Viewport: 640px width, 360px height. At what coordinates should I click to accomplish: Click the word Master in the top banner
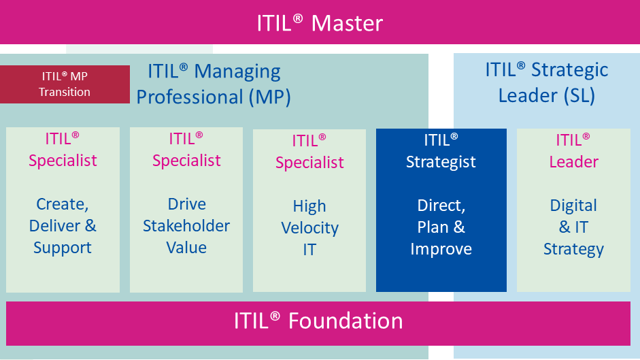pyautogui.click(x=347, y=23)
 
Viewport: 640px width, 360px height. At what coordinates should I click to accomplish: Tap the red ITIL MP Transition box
pyautogui.click(x=65, y=84)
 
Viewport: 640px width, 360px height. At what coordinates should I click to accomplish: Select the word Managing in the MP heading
pyautogui.click(x=237, y=73)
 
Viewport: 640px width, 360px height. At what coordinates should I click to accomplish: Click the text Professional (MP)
pyautogui.click(x=214, y=97)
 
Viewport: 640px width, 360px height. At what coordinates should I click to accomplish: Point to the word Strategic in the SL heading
pyautogui.click(x=569, y=71)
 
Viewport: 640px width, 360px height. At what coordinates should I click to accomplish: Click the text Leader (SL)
pyautogui.click(x=547, y=96)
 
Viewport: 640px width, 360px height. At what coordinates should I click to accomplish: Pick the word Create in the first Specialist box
pyautogui.click(x=62, y=204)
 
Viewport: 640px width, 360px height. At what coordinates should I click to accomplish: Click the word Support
pyautogui.click(x=63, y=248)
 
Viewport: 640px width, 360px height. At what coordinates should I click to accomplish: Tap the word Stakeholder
pyautogui.click(x=186, y=225)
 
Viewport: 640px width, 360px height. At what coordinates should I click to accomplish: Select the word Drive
pyautogui.click(x=186, y=204)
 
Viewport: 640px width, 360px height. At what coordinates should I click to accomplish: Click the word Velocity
pyautogui.click(x=309, y=228)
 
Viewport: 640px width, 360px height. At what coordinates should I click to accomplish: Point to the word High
pyautogui.click(x=309, y=206)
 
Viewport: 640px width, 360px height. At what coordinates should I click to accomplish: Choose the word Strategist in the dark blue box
pyautogui.click(x=441, y=162)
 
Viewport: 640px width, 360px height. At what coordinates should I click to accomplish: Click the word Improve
pyautogui.click(x=441, y=249)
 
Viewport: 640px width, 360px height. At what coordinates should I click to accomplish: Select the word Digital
pyautogui.click(x=573, y=206)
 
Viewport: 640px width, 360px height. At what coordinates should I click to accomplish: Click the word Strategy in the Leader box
pyautogui.click(x=573, y=249)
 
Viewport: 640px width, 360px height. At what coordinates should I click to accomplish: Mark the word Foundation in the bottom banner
pyautogui.click(x=346, y=321)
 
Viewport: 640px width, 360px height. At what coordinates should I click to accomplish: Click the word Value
pyautogui.click(x=186, y=248)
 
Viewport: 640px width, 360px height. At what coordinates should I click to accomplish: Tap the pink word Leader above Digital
pyautogui.click(x=573, y=162)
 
